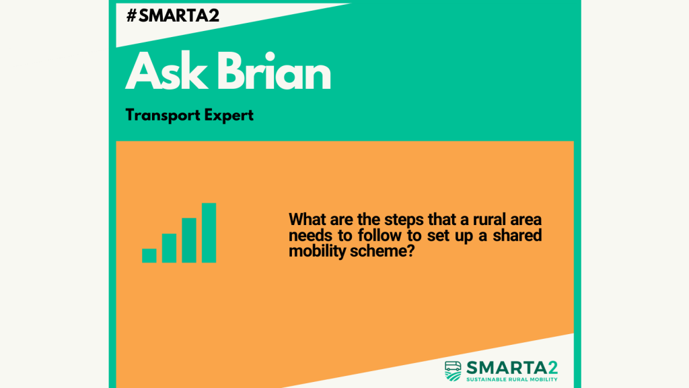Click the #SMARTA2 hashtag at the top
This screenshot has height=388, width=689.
(x=173, y=16)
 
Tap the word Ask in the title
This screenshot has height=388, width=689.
(x=166, y=71)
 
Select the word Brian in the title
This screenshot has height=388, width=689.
(x=274, y=71)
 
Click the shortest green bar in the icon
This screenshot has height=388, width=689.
(x=149, y=255)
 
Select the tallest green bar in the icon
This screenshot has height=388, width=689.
(x=209, y=232)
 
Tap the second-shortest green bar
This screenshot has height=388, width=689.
(x=169, y=248)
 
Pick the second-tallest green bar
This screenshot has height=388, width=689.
(x=189, y=240)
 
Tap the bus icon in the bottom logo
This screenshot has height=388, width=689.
(x=453, y=371)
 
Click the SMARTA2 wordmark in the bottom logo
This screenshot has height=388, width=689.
(x=512, y=368)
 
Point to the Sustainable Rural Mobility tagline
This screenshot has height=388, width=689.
(x=512, y=379)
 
